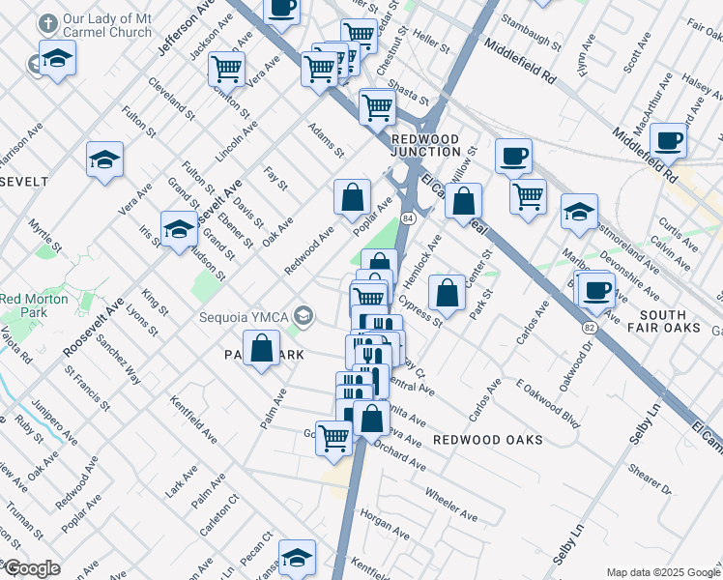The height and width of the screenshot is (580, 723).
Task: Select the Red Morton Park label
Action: (x=35, y=305)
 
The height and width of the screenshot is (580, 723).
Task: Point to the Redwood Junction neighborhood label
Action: (x=425, y=145)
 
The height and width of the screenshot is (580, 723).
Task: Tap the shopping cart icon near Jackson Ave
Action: (x=225, y=69)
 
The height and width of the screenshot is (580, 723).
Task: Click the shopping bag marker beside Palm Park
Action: (x=261, y=349)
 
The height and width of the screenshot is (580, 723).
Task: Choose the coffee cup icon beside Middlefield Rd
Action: (x=668, y=140)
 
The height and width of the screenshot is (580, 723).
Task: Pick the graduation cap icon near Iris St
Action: (x=179, y=230)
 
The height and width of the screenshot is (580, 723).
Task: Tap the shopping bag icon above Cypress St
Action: (x=447, y=293)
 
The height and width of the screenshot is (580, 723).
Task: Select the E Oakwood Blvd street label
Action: (x=548, y=402)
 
